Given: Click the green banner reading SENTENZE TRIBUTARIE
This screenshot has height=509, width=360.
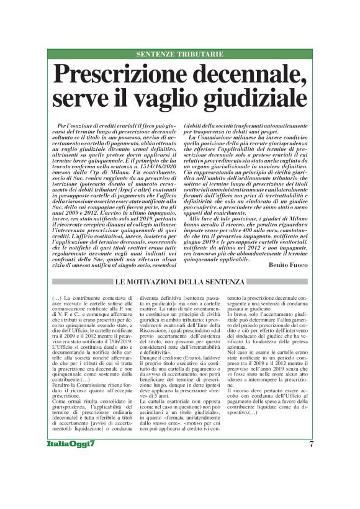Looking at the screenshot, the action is pos(180,54).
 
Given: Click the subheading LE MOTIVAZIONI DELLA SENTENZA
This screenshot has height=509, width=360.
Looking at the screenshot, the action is pos(180,266).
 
